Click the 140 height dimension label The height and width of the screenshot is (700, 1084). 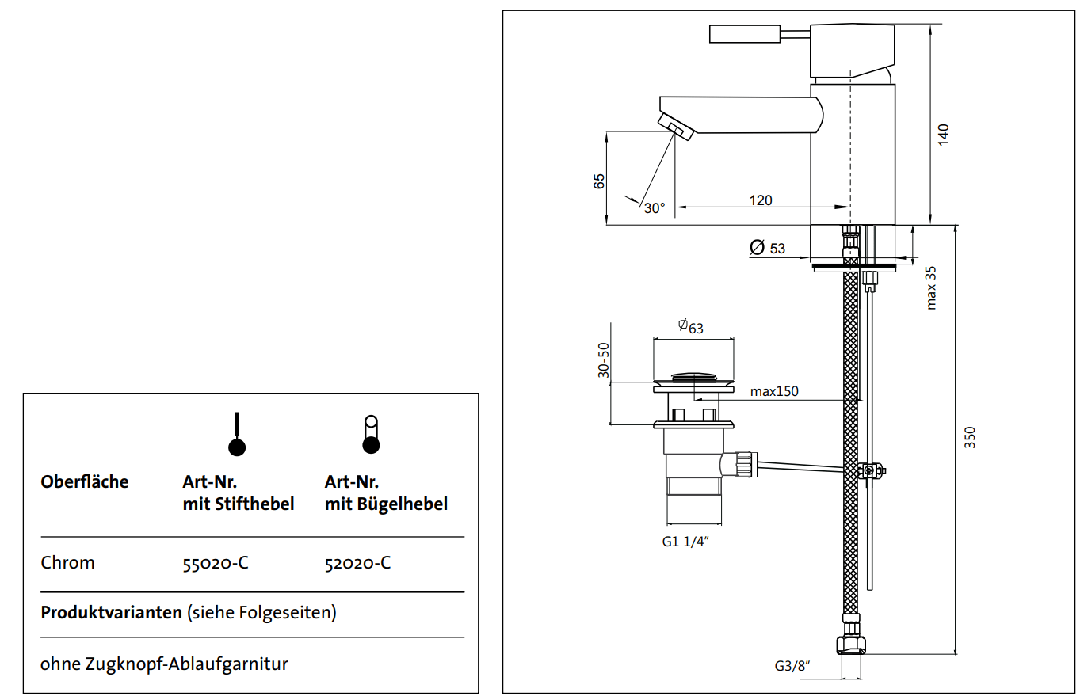942,133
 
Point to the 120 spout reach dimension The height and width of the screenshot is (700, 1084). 761,200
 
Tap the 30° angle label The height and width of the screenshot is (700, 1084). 654,208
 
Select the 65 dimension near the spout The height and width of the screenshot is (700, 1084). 600,181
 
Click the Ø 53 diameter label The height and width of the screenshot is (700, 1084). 767,248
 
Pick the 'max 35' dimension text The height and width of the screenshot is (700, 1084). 931,287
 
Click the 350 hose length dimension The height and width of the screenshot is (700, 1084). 970,437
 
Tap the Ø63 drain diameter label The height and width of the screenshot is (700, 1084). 691,326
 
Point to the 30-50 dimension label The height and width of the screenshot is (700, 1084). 604,360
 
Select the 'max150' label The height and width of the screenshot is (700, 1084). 774,390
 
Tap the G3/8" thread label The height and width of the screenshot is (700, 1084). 792,667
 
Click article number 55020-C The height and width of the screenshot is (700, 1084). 216,563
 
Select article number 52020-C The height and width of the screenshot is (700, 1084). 357,563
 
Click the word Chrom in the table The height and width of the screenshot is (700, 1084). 67,563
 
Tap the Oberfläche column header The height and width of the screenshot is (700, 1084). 84,481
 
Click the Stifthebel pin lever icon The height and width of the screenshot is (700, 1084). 236,435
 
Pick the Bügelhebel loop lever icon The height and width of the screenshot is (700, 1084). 370,434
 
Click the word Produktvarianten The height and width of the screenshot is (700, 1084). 111,613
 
